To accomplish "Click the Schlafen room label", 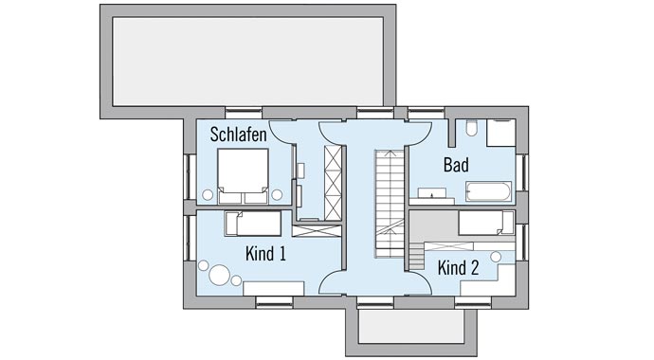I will (x=238, y=135).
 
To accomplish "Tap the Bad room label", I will (x=456, y=165).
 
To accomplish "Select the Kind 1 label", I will (x=265, y=254).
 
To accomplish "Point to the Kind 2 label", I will (x=458, y=268).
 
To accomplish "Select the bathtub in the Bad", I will (x=487, y=192).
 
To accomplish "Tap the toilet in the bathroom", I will (x=471, y=130).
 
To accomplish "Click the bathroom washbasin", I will (x=434, y=195).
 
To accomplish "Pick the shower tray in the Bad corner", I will (x=501, y=132).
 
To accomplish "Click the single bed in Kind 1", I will (x=254, y=224).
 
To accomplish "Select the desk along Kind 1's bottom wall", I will (x=273, y=288).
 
